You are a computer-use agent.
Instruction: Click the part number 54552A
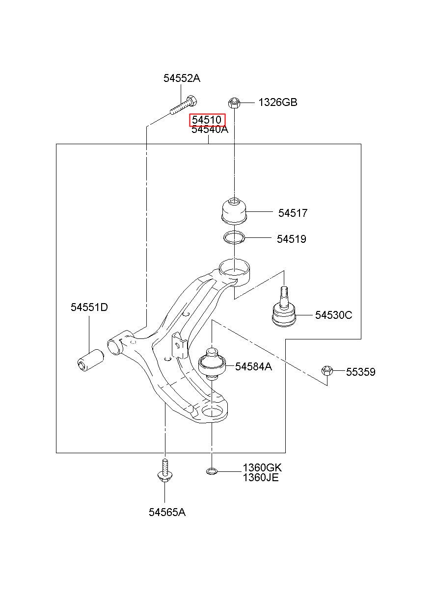pos(182,78)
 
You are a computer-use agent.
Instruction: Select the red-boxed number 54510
pos(207,120)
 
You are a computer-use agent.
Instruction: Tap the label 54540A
pos(210,129)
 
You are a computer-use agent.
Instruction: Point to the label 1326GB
pos(277,103)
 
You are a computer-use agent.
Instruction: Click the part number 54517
pos(293,213)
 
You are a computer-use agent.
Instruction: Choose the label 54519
pos(292,239)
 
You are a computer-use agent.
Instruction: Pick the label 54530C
pos(333,315)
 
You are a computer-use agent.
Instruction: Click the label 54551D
pos(89,308)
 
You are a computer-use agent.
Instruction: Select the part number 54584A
pos(253,366)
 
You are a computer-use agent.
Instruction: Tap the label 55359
pos(360,372)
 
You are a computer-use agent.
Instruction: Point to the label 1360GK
pos(262,468)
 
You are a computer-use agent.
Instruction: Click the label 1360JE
pos(261,477)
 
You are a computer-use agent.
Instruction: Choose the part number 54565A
pos(167,512)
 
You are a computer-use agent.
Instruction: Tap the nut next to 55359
pos(327,370)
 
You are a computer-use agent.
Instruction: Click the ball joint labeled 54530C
pos(284,308)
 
